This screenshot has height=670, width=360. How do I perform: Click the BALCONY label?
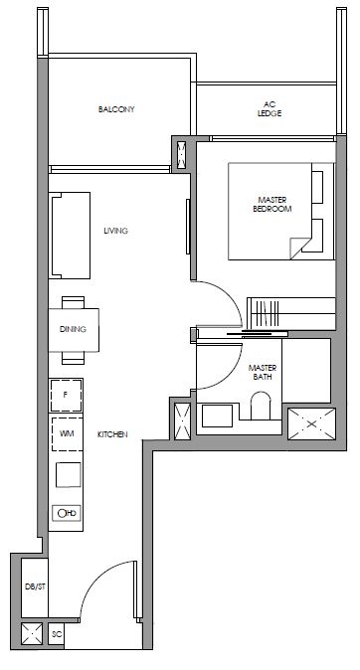[116, 109]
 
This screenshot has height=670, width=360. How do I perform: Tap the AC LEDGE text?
[270, 109]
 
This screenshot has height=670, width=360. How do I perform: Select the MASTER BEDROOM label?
[272, 204]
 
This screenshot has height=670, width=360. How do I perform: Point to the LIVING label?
[116, 231]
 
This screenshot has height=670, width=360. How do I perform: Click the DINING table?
[74, 330]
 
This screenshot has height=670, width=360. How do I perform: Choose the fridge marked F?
[66, 396]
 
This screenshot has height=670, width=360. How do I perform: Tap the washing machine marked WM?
[67, 434]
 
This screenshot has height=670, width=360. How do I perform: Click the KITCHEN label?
[112, 434]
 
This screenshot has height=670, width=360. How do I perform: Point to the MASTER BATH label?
[263, 372]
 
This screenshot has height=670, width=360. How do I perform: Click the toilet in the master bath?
[261, 406]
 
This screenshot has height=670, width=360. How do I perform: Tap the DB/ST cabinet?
[34, 587]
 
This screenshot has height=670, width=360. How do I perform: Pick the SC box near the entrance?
[57, 634]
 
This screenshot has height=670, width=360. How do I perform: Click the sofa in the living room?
[70, 236]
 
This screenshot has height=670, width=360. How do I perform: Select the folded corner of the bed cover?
[300, 248]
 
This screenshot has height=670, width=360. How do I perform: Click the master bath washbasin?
[217, 416]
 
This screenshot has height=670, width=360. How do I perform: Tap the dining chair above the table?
[74, 302]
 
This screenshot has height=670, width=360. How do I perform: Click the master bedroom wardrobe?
[291, 314]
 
